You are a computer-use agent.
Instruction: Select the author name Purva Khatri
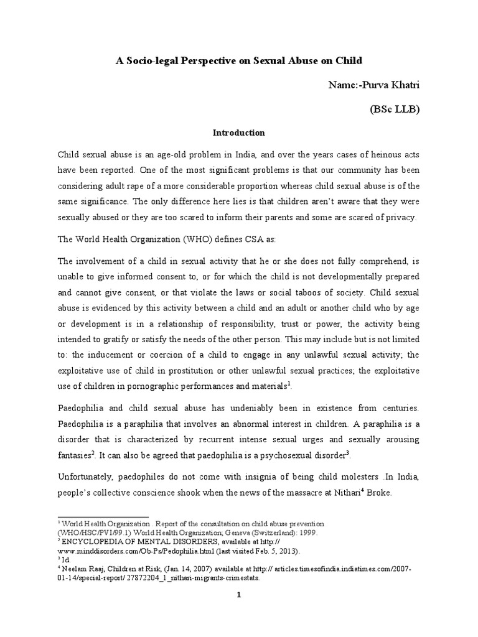(x=391, y=85)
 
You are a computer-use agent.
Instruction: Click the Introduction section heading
(x=239, y=133)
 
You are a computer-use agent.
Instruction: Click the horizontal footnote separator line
(x=103, y=517)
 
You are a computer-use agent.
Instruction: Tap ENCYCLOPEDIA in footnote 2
(x=96, y=542)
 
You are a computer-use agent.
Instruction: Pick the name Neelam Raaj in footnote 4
(x=85, y=569)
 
